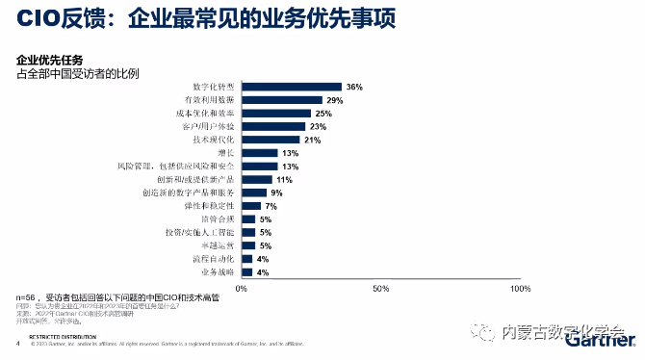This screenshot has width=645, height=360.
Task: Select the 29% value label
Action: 335,100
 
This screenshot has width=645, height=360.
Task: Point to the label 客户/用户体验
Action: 208,127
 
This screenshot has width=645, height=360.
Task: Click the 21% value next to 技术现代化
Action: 313,141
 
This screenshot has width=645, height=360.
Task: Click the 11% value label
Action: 284,180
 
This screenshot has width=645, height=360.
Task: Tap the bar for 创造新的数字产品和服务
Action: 252,193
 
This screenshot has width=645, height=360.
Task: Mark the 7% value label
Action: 271,206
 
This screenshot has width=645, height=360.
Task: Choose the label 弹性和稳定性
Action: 209,206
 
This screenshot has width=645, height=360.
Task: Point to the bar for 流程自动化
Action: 246,259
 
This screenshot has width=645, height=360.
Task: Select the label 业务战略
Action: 216,272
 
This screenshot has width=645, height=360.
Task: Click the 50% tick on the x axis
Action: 380,288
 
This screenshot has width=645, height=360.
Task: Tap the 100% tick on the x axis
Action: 520,288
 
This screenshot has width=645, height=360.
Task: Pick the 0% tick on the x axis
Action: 242,288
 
